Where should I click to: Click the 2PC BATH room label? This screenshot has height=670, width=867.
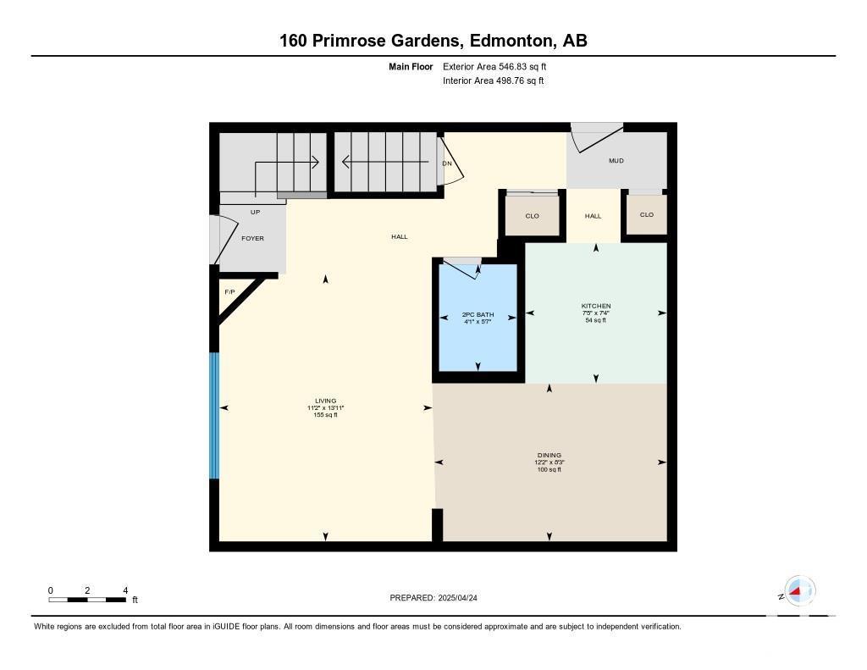478,314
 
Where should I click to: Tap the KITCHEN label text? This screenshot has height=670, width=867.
596,306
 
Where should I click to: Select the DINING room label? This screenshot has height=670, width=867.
549,456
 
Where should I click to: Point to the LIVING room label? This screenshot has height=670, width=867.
326,401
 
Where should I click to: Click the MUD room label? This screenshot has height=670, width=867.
616,160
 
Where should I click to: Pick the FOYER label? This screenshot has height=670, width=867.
252,239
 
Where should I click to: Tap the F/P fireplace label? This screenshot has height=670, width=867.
229,291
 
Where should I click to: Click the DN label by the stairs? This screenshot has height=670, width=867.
447,163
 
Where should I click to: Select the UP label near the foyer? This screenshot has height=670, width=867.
255,212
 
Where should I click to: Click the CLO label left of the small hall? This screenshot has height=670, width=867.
532,216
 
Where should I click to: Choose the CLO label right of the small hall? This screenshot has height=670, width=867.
646,214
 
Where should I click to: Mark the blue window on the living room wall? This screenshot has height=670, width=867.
214,416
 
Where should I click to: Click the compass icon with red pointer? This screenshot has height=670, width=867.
799,590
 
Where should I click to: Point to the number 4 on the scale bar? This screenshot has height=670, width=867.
125,590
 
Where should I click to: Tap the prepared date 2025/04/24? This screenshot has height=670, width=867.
458,597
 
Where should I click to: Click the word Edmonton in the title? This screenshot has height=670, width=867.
511,41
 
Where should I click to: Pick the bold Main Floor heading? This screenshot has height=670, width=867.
411,66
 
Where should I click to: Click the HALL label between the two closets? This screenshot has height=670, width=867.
593,216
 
